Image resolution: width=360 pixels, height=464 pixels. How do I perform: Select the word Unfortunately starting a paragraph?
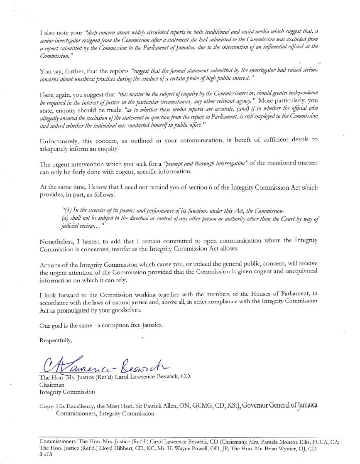click(58, 140)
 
